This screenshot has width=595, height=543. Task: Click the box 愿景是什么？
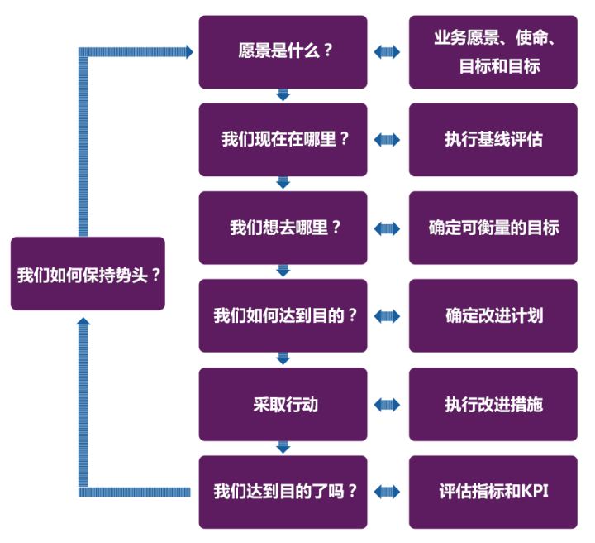pos(283,51)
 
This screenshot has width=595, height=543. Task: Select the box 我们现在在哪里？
pos(283,139)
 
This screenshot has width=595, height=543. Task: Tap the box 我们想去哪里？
pos(283,228)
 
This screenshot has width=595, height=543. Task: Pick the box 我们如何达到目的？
pos(283,315)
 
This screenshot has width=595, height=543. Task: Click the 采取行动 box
pos(283,404)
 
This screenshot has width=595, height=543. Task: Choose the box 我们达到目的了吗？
pos(283,492)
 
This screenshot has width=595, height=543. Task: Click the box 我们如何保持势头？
pos(88,274)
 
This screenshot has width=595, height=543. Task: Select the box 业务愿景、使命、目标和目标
pos(493,51)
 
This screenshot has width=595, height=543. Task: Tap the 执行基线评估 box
pos(493,139)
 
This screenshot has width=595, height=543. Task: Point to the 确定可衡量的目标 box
pos(493,228)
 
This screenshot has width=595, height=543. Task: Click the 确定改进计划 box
pos(493,315)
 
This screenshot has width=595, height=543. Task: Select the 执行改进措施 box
pos(493,404)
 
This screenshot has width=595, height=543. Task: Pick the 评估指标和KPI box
pos(493,492)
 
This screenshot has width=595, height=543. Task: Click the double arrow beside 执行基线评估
pos(387,140)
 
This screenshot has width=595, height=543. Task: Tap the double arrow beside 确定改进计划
pos(387,316)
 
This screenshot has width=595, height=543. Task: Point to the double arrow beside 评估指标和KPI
pos(387,493)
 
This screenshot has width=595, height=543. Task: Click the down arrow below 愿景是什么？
pos(283,95)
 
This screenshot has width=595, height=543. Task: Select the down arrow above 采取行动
pos(283,359)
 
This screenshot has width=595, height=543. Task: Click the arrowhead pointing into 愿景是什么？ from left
pos(189,51)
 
